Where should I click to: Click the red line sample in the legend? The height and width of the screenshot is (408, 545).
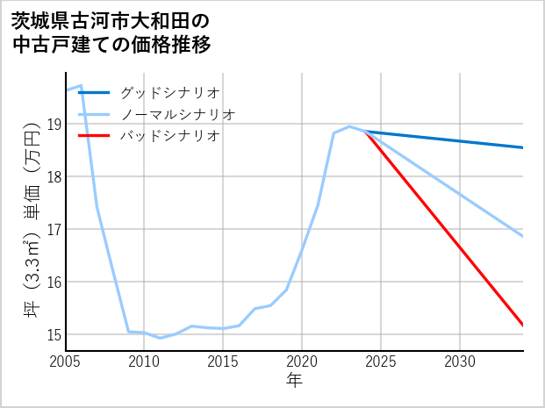click(95, 136)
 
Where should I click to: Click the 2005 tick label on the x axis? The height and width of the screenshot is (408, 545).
click(66, 361)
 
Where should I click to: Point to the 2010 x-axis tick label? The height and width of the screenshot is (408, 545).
click(144, 361)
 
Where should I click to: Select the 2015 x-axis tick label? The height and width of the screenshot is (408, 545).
click(223, 361)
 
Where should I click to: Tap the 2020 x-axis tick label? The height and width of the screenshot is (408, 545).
click(302, 361)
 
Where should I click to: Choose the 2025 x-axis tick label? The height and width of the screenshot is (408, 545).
click(381, 361)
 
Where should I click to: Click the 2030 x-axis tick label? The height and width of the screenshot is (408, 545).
click(460, 361)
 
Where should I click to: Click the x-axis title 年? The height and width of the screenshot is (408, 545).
click(295, 381)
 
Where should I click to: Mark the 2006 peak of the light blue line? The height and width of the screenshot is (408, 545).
click(81, 86)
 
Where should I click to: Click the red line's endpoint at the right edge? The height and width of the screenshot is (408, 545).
click(522, 326)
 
